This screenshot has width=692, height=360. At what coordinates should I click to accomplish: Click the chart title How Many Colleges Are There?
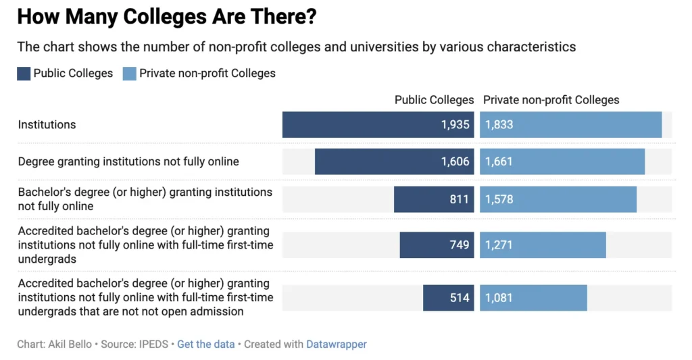pos(166,17)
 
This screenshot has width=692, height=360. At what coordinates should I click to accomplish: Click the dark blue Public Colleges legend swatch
pos(24,74)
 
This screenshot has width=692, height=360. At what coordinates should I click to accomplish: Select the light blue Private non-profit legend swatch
pos(129,74)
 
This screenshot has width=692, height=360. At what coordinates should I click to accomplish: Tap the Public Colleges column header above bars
pos(434,100)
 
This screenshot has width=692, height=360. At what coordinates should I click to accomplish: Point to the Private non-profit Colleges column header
pos(551,100)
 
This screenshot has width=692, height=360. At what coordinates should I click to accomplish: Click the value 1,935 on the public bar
pos(455,125)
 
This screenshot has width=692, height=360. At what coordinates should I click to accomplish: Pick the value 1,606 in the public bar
pos(455,161)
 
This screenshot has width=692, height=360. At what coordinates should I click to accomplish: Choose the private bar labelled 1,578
pos(558,199)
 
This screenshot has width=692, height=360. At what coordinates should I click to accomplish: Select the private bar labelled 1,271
pos(543,245)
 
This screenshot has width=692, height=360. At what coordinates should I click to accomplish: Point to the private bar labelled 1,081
pos(533,298)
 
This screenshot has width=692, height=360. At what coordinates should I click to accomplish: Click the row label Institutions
pos(47,125)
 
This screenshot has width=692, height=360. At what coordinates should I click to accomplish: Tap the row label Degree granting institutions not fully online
pos(128,161)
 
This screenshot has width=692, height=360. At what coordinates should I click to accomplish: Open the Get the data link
pos(205,344)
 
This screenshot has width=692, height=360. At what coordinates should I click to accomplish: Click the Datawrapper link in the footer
pos(336,344)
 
